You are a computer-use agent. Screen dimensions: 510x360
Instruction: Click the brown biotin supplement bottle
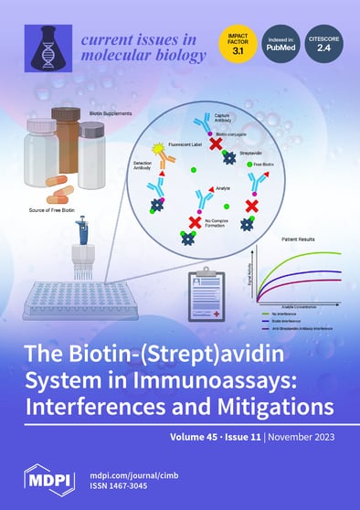[67, 134]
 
